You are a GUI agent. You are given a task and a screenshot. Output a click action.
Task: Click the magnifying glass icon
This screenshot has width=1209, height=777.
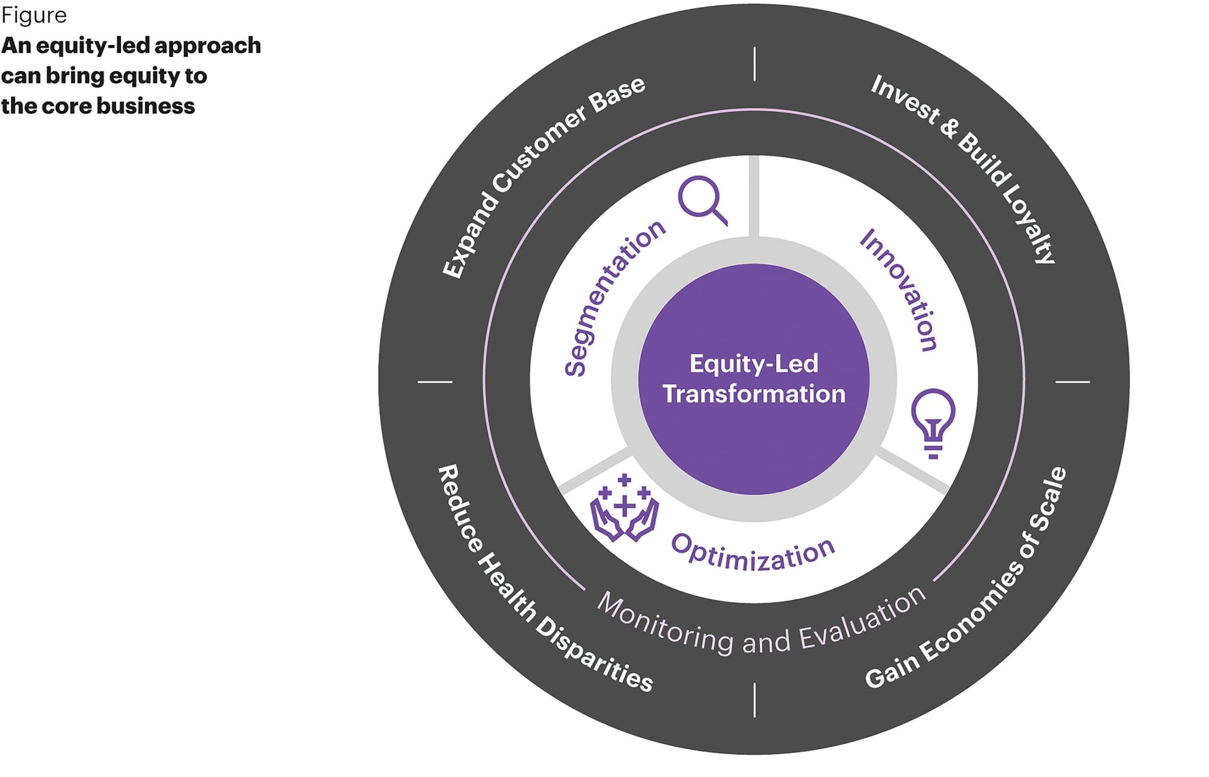tap(702, 199)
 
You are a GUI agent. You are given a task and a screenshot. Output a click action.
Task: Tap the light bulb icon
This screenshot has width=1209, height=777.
tap(933, 422)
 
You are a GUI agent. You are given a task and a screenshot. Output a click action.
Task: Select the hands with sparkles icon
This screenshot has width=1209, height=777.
tap(624, 509)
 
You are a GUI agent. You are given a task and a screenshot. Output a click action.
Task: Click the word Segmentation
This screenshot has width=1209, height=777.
tap(613, 298)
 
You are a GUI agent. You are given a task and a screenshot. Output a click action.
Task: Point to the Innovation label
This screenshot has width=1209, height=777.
tap(899, 290)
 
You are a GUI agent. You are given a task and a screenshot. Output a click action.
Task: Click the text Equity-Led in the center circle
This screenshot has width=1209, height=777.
tap(754, 364)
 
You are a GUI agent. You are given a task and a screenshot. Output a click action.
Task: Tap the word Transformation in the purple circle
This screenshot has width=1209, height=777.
tap(754, 394)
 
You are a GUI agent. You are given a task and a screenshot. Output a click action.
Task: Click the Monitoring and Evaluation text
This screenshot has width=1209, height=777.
tap(762, 625)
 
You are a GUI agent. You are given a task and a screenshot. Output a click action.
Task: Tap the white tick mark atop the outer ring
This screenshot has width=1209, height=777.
tap(754, 64)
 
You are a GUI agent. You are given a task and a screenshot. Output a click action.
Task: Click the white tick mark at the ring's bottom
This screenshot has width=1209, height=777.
tap(754, 700)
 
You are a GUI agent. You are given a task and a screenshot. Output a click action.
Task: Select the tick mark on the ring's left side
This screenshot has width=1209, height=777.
tap(435, 382)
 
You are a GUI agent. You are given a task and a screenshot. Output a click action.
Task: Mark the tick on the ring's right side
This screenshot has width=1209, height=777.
tap(1072, 382)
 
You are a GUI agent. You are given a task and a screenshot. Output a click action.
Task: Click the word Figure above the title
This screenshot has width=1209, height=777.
tap(34, 16)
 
